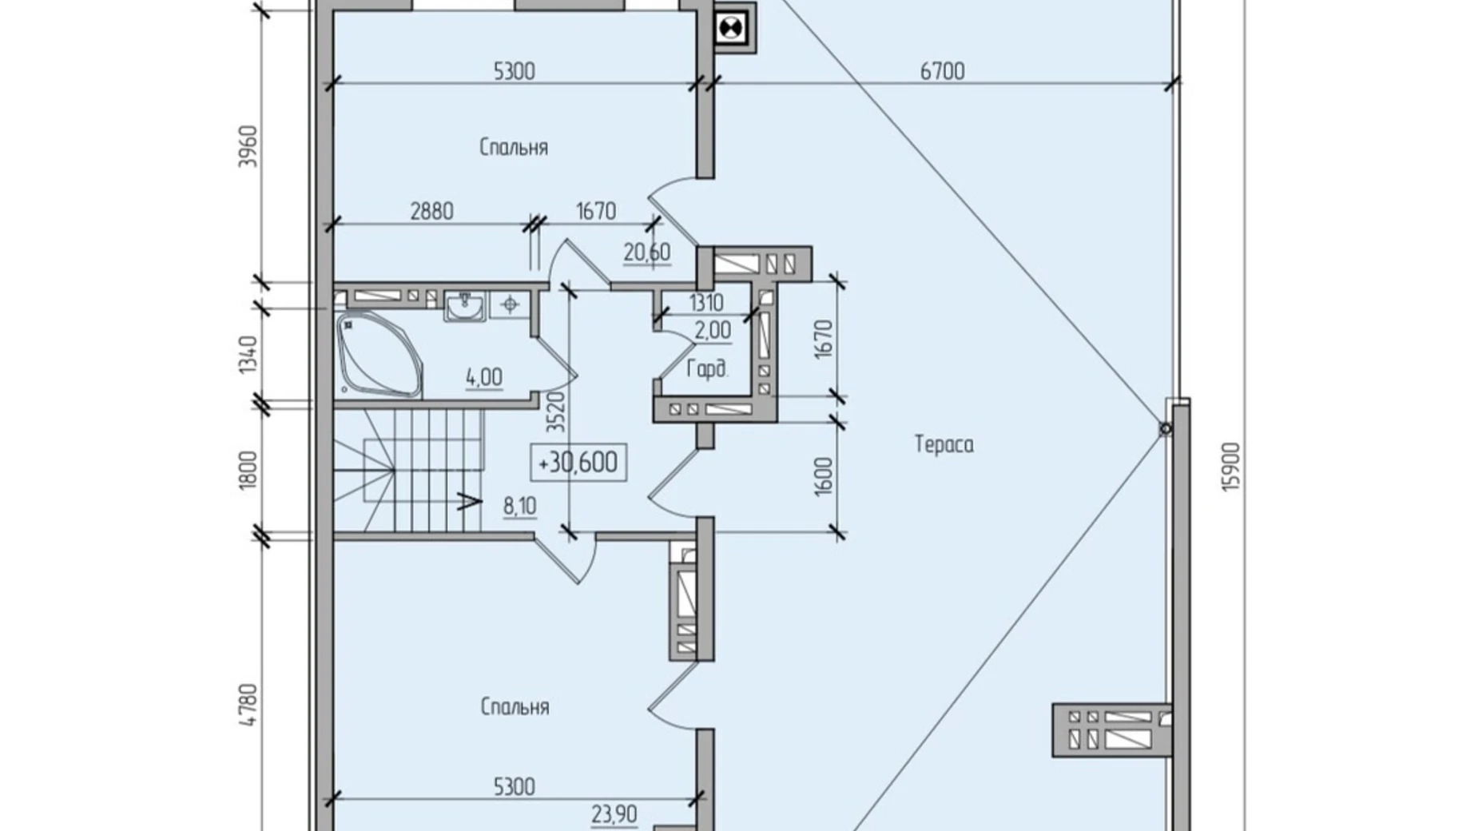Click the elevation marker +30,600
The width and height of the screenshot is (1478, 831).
coord(578,463)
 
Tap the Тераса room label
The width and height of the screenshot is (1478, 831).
coord(944,444)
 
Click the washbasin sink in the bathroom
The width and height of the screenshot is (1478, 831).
coord(464,306)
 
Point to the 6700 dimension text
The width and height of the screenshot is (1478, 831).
coord(942,72)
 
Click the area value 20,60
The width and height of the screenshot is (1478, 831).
coord(646,253)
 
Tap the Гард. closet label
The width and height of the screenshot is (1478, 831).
coord(707,369)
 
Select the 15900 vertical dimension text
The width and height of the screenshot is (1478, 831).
coord(1231,467)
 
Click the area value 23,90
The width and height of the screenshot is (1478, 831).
coord(614,814)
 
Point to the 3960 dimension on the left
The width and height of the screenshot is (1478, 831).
coord(248,145)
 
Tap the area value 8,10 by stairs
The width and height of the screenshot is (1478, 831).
coord(519,507)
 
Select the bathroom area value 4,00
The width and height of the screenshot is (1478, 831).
coord(484,377)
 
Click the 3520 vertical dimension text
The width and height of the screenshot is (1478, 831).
coord(556,412)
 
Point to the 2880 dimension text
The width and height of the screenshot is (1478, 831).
coord(431,212)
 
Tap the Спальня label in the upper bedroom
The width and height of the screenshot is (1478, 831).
coord(514,148)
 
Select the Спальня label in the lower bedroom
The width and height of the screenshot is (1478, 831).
coord(515,707)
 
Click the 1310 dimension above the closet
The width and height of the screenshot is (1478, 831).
coord(705,303)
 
